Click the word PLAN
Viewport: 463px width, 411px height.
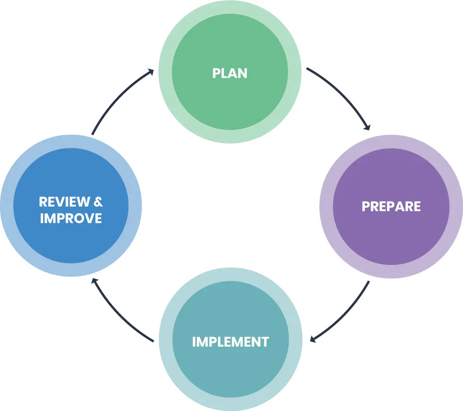pyautogui.click(x=230, y=73)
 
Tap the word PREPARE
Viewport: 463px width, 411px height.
pyautogui.click(x=391, y=206)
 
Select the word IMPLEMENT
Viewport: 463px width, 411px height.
pyautogui.click(x=230, y=342)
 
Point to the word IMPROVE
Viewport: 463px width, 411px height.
pyautogui.click(x=71, y=218)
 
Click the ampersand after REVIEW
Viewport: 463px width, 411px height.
pyautogui.click(x=97, y=202)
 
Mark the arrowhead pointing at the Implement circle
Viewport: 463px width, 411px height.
pyautogui.click(x=313, y=339)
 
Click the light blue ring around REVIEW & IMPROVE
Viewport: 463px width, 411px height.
pyautogui.click(x=6, y=206)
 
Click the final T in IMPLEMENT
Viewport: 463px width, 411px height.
pyautogui.click(x=265, y=342)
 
